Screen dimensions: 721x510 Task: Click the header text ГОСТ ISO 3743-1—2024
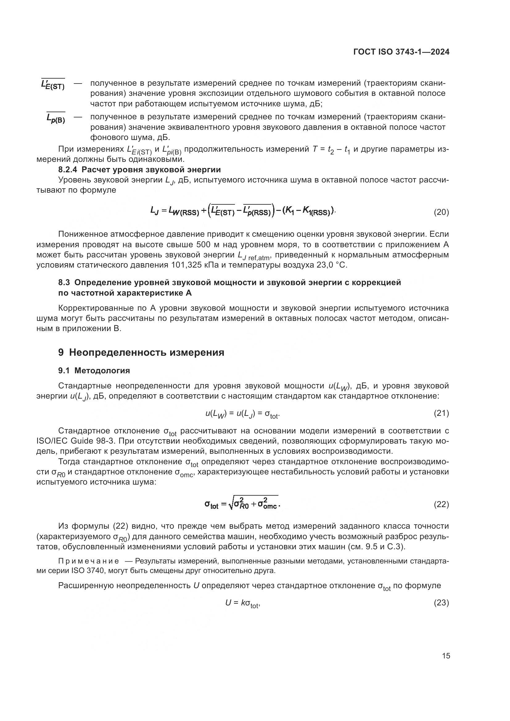tap(401, 52)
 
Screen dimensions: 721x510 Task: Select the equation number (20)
tap(441, 212)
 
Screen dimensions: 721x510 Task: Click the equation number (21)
tap(441, 413)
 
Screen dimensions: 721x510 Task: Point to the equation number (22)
tap(441, 504)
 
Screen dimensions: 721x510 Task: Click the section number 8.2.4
tap(68, 170)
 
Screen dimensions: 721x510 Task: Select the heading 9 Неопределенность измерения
tap(141, 352)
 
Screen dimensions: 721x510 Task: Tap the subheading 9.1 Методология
tap(94, 371)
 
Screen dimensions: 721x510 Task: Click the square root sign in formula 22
tap(231, 504)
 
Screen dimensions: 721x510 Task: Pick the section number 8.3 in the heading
tap(64, 282)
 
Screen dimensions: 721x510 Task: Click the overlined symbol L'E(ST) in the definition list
tap(53, 84)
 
